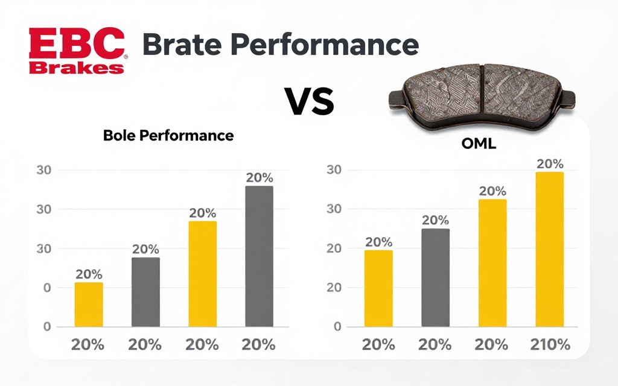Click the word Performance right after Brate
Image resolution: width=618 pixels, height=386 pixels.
tap(325, 46)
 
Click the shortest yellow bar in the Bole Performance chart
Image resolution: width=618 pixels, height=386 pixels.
tap(89, 305)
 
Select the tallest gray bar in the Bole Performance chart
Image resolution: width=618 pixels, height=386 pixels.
tap(259, 256)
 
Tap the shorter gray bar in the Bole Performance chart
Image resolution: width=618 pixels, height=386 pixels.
tap(145, 292)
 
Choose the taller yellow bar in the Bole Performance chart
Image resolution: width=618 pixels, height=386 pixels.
tap(203, 274)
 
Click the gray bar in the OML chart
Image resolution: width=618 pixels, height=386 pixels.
tap(435, 277)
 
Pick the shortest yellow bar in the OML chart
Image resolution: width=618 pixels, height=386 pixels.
tap(378, 288)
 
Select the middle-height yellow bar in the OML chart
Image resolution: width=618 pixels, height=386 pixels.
tap(492, 263)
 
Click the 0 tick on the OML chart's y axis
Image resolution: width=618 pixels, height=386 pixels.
tap(337, 327)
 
